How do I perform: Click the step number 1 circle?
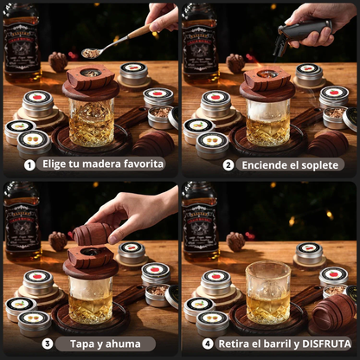point(29,164)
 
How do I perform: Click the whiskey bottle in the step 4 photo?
point(200,221)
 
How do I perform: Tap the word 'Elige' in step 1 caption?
point(52,164)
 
